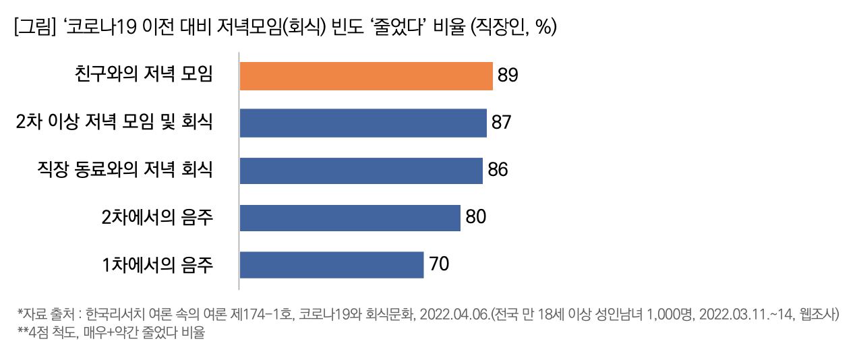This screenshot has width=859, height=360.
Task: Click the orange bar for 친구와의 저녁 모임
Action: [x=366, y=76]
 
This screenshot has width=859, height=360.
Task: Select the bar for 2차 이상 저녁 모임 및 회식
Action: [x=363, y=123]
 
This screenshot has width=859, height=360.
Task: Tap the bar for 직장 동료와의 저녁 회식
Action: [x=361, y=170]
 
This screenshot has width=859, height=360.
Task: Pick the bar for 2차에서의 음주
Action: [x=350, y=218]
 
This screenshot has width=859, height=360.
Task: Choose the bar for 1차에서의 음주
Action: [x=332, y=265]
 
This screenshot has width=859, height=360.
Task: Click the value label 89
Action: [x=508, y=76]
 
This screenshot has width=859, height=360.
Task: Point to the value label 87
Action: [x=502, y=123]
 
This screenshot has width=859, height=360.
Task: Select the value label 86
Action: [x=498, y=170]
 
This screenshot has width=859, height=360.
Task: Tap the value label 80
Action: [x=475, y=217]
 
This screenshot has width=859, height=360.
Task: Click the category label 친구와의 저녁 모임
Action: [x=144, y=75]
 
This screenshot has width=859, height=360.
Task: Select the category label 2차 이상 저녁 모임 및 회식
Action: [x=115, y=123]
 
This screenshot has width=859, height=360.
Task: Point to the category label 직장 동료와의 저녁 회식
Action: [x=125, y=170]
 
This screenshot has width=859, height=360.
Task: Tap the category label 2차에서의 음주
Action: [x=157, y=217]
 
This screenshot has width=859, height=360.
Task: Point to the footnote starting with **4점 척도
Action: [x=111, y=332]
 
